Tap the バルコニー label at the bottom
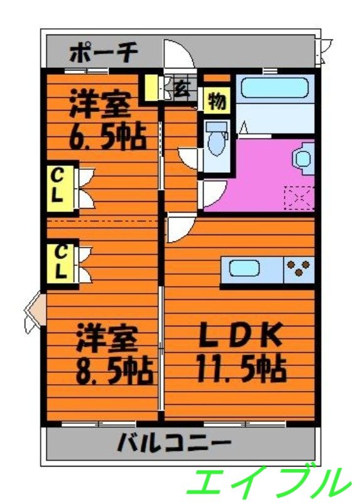click(174, 445)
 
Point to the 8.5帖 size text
click(114, 371)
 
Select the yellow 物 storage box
click(217, 101)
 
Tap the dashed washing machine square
click(298, 197)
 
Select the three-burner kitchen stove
click(299, 269)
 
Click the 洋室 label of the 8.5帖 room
click(106, 340)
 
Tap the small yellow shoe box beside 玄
click(150, 89)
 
